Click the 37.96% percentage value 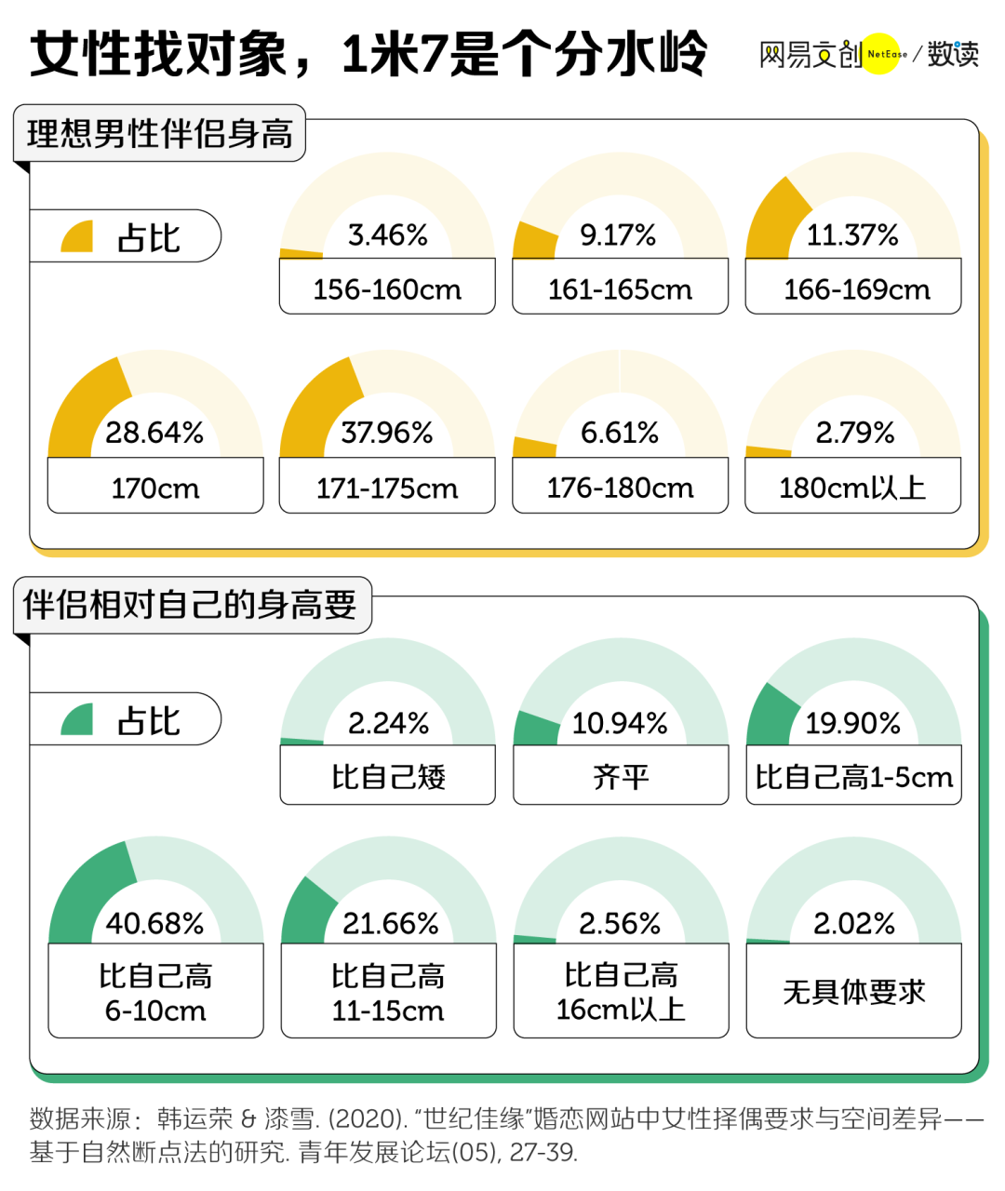387,433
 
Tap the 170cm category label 155,488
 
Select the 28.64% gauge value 154,433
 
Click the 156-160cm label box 387,289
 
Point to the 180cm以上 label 852,488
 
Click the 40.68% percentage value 154,923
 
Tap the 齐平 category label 621,776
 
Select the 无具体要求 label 853,992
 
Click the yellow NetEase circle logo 881,54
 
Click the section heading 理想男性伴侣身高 160,134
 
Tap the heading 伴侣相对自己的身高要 190,605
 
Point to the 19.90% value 852,723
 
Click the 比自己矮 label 388,776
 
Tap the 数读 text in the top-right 953,54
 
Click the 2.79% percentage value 854,433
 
